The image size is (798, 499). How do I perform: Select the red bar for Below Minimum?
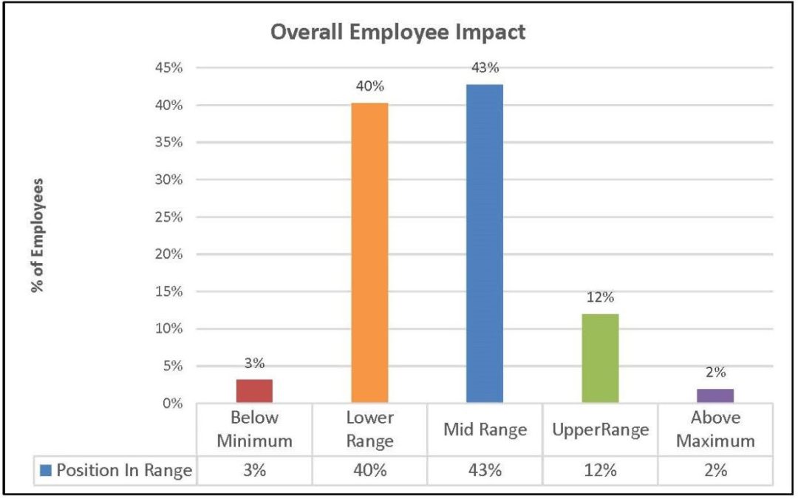tap(254, 391)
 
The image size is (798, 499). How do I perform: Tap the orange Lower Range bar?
tap(369, 253)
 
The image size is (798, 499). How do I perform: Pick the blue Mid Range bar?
tap(485, 244)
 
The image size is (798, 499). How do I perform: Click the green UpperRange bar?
tap(600, 359)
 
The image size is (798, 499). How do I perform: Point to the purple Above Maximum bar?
tap(715, 396)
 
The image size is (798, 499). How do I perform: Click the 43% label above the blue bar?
tap(485, 68)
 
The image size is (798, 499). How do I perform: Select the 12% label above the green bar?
tap(600, 298)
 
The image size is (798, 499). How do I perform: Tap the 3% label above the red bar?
tap(254, 363)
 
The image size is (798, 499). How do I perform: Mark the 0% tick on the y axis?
tap(171, 404)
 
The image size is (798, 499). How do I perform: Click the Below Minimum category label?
tap(254, 430)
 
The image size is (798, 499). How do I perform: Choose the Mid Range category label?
tap(485, 430)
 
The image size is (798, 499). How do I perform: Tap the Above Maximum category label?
tap(715, 430)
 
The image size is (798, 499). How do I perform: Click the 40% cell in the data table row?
tap(369, 471)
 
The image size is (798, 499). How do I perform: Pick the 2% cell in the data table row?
tap(715, 471)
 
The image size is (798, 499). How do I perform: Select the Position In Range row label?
tap(124, 471)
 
